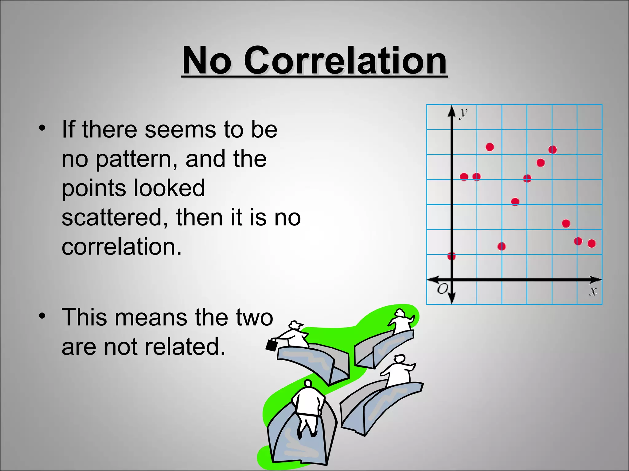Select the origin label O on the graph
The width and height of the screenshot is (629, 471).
[443, 289]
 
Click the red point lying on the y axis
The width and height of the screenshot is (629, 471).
[451, 256]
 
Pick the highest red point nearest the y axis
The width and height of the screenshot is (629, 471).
[490, 147]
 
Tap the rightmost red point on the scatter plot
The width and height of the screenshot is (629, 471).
[592, 243]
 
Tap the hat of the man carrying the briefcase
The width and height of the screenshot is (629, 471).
[295, 324]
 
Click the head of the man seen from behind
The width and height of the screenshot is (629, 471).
[307, 383]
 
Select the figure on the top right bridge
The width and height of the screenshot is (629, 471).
[401, 322]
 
